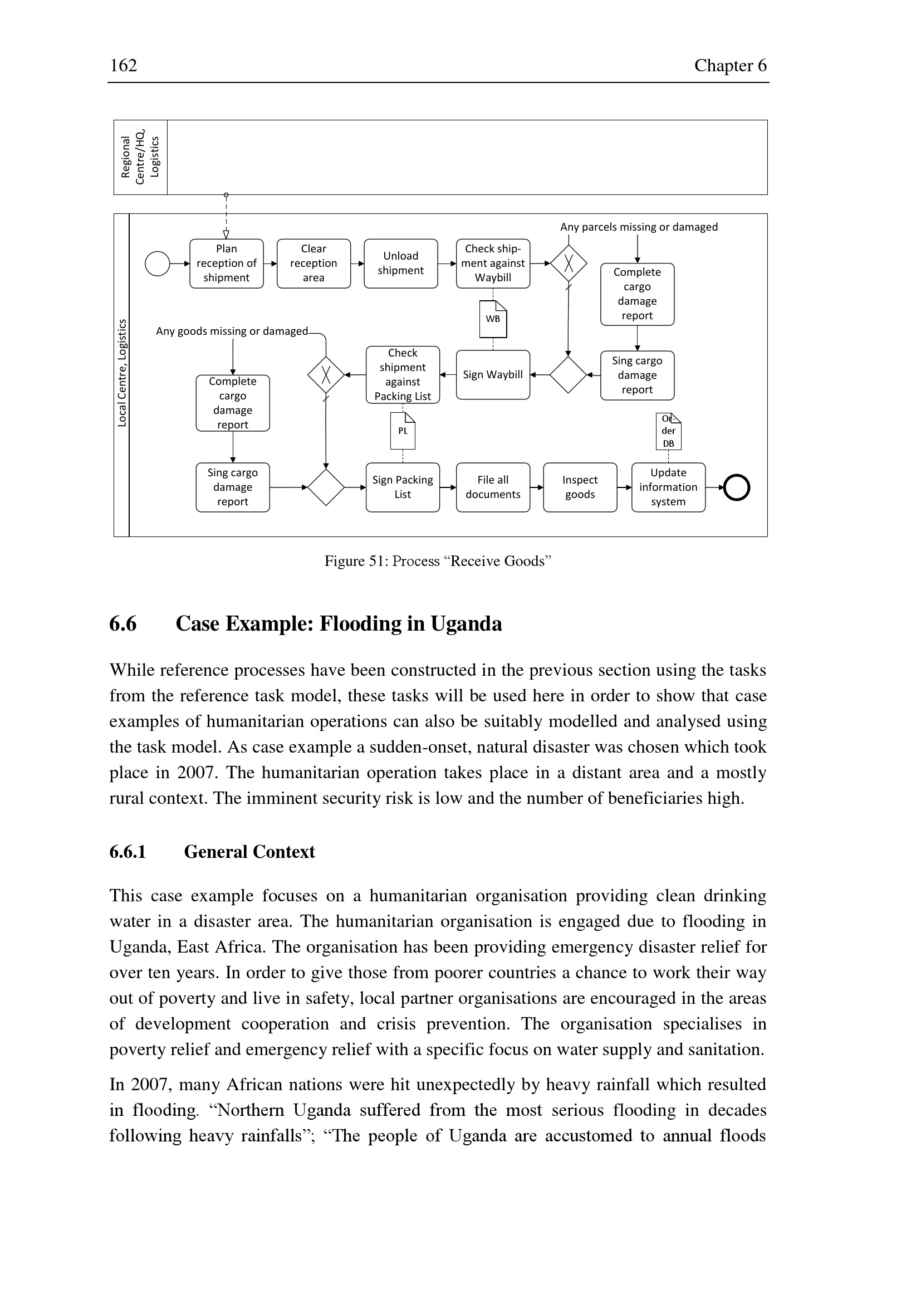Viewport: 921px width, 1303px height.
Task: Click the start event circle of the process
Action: point(158,264)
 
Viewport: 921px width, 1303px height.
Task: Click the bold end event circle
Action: point(737,487)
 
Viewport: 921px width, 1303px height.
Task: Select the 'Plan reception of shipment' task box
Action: point(226,264)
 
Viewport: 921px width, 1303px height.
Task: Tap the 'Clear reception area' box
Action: point(313,264)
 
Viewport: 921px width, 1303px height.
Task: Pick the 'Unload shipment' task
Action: point(400,264)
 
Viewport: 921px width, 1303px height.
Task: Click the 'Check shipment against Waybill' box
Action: point(493,264)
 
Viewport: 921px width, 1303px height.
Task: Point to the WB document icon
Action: point(493,319)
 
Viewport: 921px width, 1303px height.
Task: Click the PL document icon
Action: point(403,431)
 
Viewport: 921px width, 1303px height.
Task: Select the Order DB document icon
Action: point(668,431)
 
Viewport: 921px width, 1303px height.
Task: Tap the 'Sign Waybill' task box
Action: point(493,374)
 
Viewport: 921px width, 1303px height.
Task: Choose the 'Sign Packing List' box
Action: point(403,487)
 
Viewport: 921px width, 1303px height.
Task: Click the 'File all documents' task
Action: point(493,487)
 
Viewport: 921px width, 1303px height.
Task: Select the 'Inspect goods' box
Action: point(580,487)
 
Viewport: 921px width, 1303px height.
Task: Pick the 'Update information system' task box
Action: point(668,487)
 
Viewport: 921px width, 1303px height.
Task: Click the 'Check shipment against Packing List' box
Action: point(403,374)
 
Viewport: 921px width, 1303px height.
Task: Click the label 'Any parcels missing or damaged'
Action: point(639,227)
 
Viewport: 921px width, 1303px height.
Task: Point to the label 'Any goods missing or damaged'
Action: point(232,331)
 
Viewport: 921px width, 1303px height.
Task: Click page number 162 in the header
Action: point(123,65)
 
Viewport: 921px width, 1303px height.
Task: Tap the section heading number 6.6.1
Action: point(128,852)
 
